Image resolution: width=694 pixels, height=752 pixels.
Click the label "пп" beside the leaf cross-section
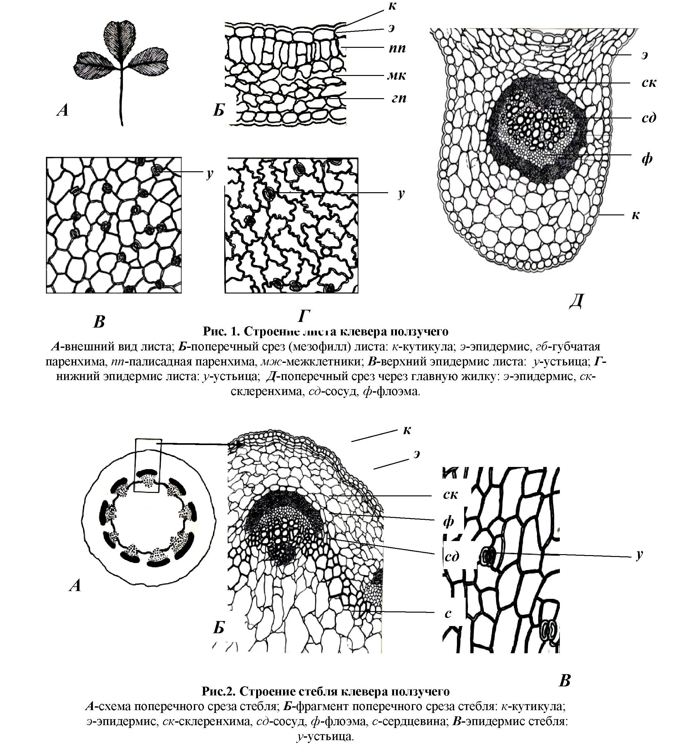[397, 49]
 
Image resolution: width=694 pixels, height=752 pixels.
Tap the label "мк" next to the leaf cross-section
[397, 76]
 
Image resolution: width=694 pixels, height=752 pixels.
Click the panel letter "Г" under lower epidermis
[304, 316]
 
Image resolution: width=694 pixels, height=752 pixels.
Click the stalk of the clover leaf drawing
[121, 98]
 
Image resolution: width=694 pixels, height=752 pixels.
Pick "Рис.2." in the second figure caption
[218, 691]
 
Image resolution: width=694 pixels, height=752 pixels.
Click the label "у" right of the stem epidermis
[640, 554]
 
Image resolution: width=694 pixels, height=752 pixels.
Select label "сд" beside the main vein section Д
[649, 118]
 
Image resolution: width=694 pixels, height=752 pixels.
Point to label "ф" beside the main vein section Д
[647, 159]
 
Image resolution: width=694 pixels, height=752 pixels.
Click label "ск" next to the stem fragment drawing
[450, 494]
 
